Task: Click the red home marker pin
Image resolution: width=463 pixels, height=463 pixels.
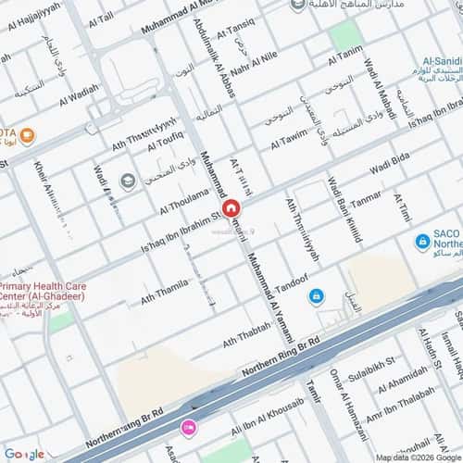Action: coord(231,209)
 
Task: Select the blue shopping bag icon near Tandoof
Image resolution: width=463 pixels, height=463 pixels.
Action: coord(317,294)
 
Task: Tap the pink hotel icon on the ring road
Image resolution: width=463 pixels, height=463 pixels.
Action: coord(189,427)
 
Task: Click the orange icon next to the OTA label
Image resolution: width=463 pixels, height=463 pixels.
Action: coord(28,137)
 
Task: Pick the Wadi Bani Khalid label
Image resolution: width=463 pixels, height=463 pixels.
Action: coord(342,213)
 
